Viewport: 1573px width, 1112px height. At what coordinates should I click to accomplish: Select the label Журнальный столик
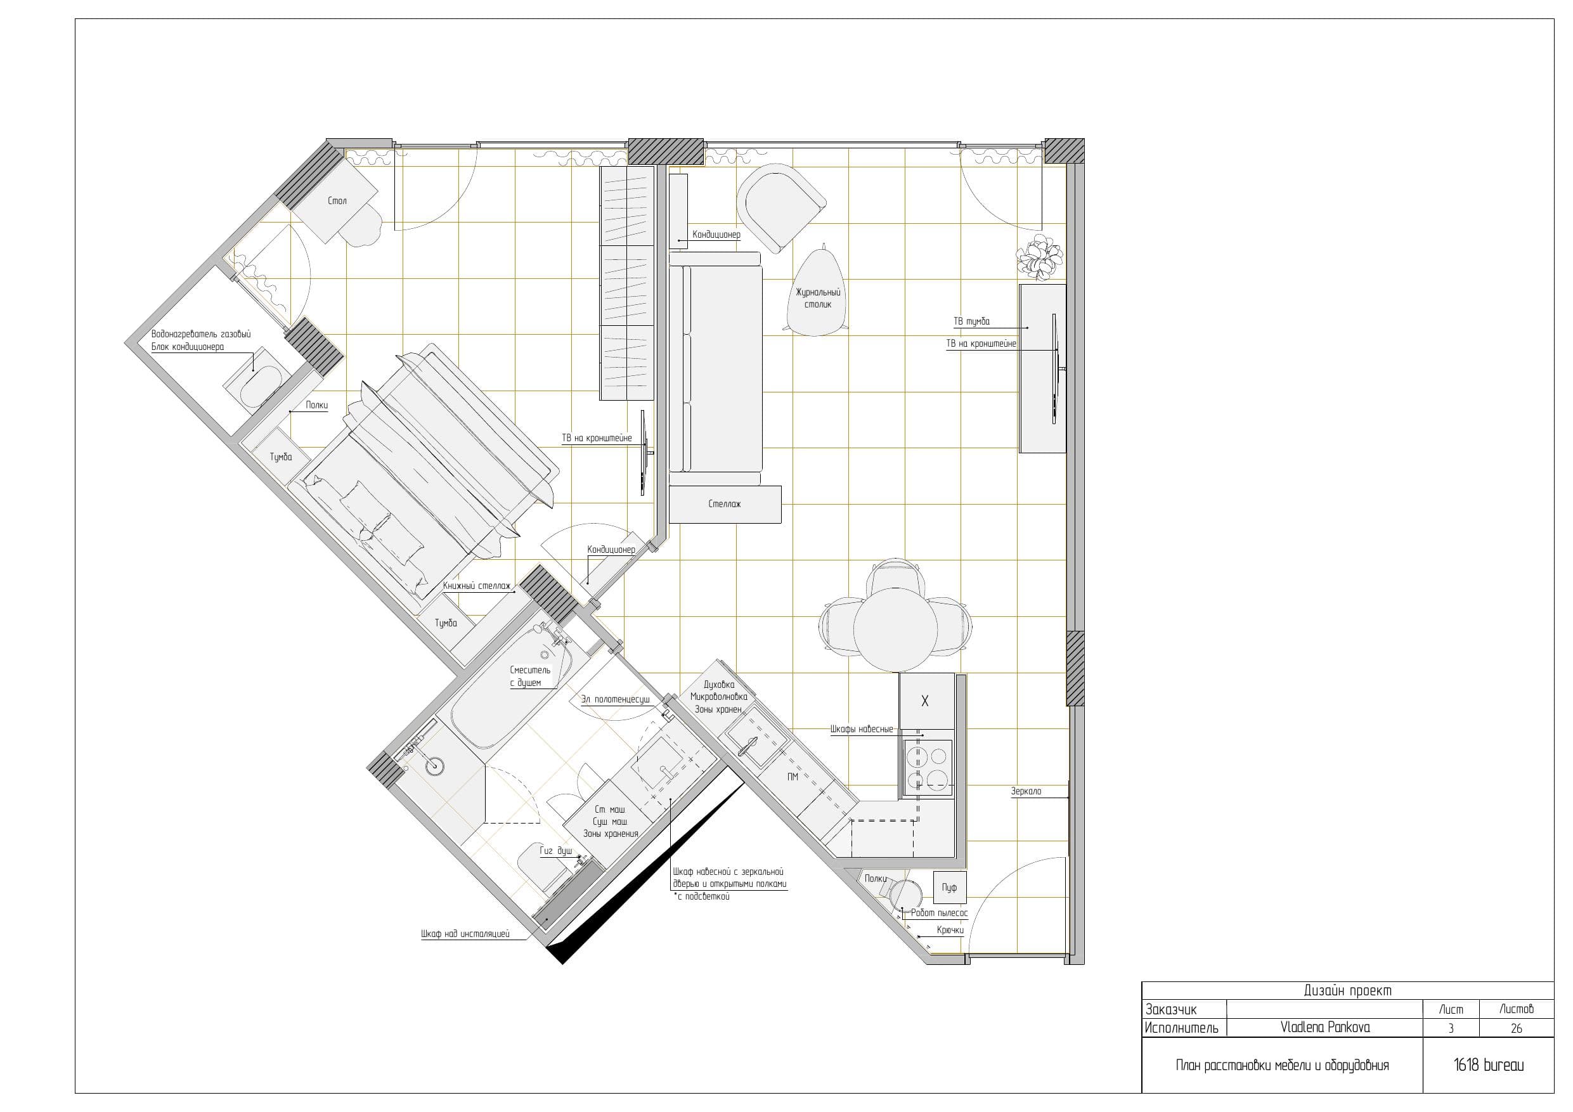click(817, 298)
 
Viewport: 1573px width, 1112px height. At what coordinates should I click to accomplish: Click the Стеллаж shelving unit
click(725, 504)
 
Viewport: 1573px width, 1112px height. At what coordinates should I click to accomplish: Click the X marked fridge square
click(926, 701)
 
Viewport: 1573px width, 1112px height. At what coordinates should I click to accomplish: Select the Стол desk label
click(337, 201)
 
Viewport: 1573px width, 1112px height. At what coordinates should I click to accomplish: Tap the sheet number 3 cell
click(1451, 1028)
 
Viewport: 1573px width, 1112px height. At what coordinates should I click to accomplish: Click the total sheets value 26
click(1516, 1028)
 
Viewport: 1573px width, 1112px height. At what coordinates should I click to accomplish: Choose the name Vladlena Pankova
click(1325, 1027)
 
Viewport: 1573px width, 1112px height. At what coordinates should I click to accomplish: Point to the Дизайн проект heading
click(1347, 991)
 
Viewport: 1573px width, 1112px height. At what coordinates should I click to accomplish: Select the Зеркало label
click(1026, 791)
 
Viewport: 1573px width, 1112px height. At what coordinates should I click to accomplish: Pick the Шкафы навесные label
click(861, 729)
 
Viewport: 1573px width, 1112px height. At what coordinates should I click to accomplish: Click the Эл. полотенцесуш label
click(615, 699)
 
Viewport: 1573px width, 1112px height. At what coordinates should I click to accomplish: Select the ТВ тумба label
click(971, 321)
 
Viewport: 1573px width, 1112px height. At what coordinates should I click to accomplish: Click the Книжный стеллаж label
click(477, 586)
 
